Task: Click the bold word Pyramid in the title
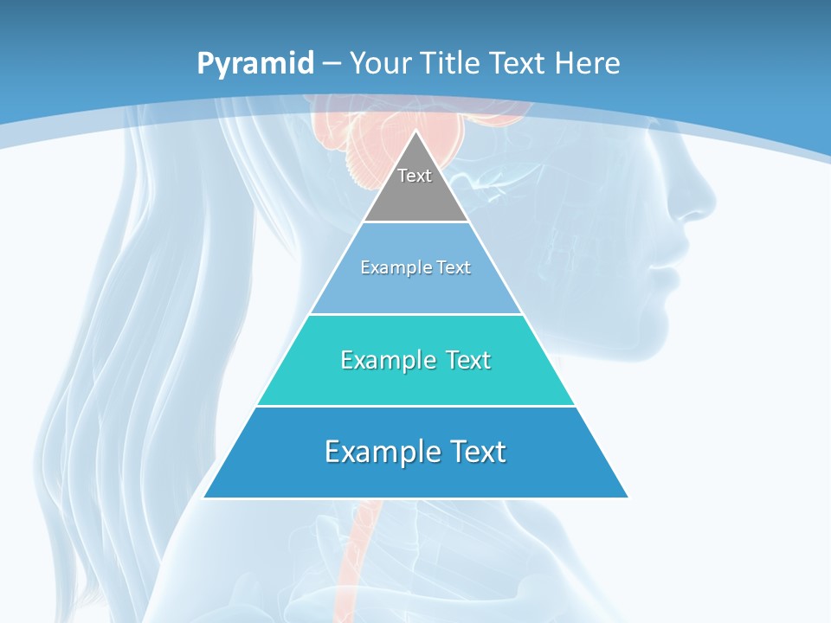tap(255, 64)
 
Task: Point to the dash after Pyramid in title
tap(332, 64)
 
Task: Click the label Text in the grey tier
tap(415, 176)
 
